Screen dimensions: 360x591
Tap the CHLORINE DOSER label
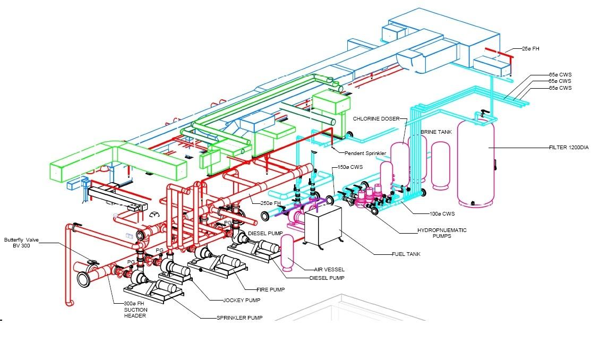pos(376,119)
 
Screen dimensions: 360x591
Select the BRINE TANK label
pos(436,132)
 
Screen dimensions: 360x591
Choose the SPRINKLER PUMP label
pos(239,318)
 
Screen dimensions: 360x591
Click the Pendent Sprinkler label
pos(366,153)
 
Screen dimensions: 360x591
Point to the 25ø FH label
pos(530,49)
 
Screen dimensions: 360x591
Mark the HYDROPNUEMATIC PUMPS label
pos(441,233)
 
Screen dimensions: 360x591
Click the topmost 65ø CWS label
pos(560,75)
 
